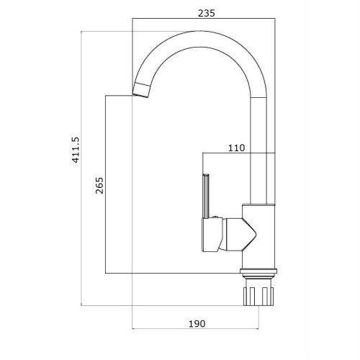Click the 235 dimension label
(x=207, y=13)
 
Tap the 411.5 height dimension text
(x=76, y=150)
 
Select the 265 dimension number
(x=99, y=185)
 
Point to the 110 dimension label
(x=236, y=148)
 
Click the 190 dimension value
(x=197, y=324)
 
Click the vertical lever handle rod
(x=207, y=196)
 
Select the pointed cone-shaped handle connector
(x=240, y=235)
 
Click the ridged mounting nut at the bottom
(x=258, y=296)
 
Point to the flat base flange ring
(x=258, y=271)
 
